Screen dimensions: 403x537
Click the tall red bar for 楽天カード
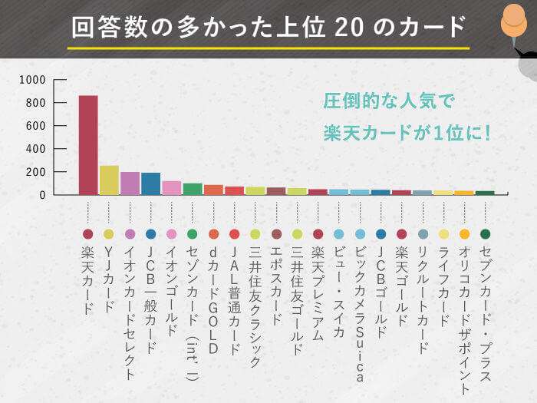click(88, 145)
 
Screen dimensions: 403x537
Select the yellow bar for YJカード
click(109, 180)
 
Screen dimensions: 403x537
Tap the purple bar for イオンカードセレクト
click(130, 183)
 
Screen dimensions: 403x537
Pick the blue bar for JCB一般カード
click(150, 184)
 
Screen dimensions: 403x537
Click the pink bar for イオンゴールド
click(172, 188)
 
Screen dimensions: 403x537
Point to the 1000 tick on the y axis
click(38, 80)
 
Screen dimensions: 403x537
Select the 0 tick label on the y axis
click(43, 195)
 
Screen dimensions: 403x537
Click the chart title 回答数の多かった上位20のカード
click(268, 27)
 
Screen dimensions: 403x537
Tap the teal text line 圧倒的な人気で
click(389, 101)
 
